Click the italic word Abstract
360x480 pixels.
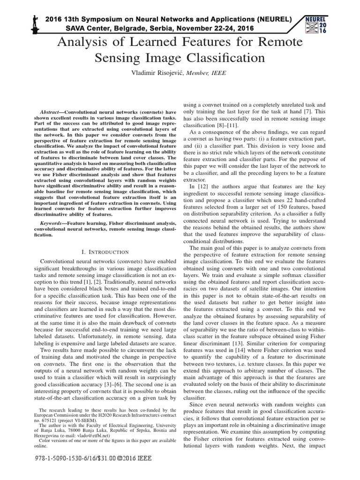(52, 113)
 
